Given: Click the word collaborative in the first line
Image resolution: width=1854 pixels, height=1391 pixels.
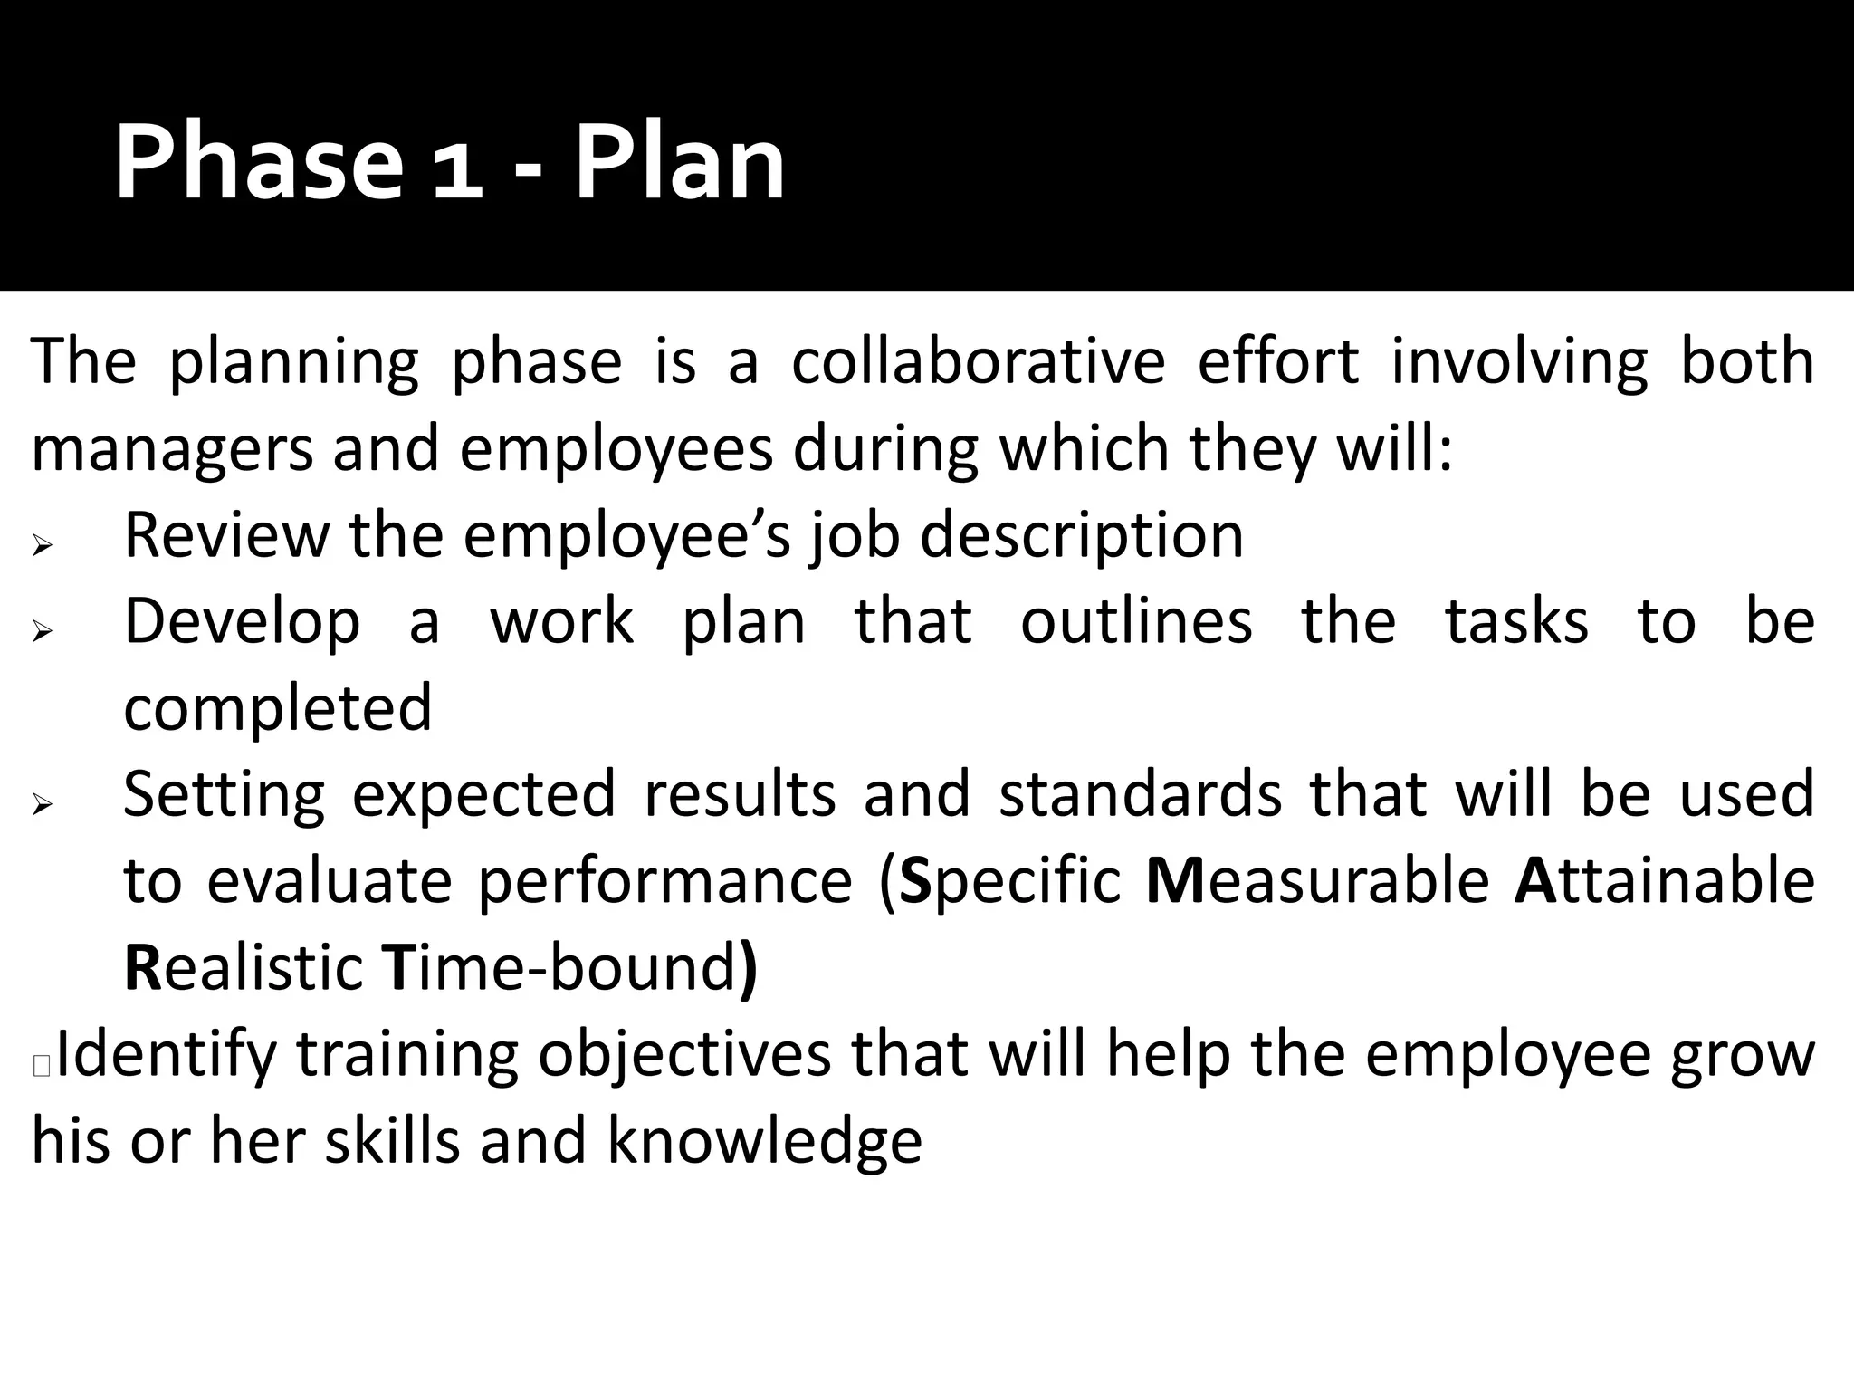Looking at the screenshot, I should pos(978,361).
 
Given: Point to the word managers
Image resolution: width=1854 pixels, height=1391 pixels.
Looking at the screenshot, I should pos(171,450).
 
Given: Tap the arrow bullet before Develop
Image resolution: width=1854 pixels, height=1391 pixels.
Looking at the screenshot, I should pos(43,631).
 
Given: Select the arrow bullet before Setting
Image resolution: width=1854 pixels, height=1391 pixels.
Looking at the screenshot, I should pos(43,803).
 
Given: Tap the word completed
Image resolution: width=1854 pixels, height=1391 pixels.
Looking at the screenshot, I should pos(278,708).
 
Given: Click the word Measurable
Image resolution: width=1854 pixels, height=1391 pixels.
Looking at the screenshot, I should pos(1317,880).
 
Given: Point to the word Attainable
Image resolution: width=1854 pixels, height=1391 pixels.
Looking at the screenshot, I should pos(1664,880).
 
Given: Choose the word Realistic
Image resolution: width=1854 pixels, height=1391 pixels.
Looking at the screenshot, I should pos(244,967).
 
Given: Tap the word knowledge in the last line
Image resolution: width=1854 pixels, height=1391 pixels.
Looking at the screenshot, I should pos(764,1140).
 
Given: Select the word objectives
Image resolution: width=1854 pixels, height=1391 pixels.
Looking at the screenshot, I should pos(684,1056).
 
